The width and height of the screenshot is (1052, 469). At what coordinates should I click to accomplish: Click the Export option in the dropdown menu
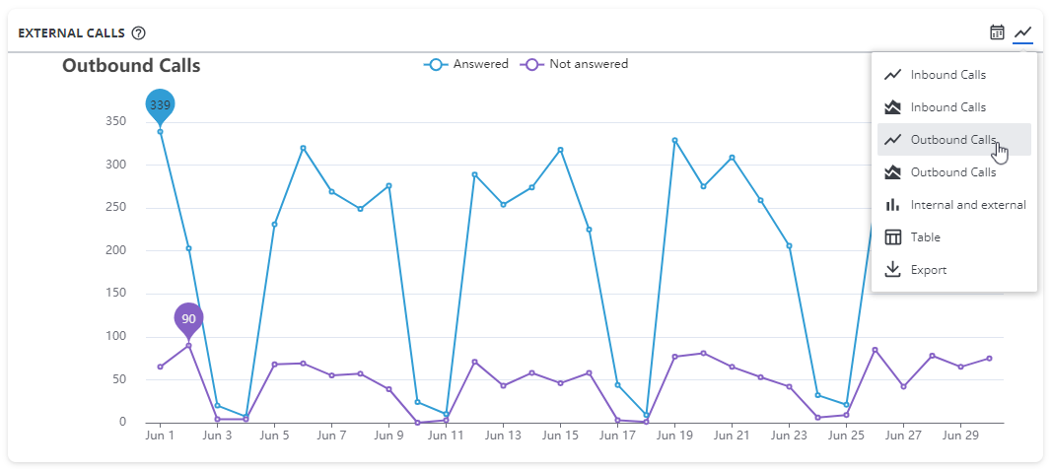pyautogui.click(x=928, y=270)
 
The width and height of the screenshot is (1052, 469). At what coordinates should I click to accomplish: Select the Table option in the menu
pyautogui.click(x=925, y=237)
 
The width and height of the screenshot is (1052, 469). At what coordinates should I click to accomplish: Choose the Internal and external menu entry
pyautogui.click(x=967, y=205)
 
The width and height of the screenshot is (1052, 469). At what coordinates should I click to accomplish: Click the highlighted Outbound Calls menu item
pyautogui.click(x=952, y=140)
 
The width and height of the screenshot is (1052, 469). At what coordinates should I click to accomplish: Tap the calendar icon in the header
pyautogui.click(x=997, y=33)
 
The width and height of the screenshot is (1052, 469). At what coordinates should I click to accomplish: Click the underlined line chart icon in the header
pyautogui.click(x=1023, y=33)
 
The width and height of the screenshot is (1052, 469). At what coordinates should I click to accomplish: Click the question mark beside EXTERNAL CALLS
pyautogui.click(x=139, y=33)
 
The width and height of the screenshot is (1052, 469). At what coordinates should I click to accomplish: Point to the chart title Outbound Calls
pyautogui.click(x=131, y=66)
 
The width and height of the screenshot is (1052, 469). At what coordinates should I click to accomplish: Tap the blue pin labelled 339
pyautogui.click(x=160, y=104)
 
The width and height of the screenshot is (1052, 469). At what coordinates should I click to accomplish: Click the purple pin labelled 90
pyautogui.click(x=188, y=318)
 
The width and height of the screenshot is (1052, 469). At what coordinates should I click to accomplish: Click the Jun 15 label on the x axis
pyautogui.click(x=560, y=435)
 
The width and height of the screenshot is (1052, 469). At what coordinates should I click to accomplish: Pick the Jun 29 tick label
pyautogui.click(x=960, y=435)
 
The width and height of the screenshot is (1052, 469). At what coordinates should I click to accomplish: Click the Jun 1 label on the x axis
pyautogui.click(x=160, y=435)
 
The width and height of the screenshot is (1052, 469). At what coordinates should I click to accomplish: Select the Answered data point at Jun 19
pyautogui.click(x=674, y=140)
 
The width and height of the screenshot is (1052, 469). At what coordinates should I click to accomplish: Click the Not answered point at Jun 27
pyautogui.click(x=903, y=386)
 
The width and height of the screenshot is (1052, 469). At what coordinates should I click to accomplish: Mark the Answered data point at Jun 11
pyautogui.click(x=446, y=414)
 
